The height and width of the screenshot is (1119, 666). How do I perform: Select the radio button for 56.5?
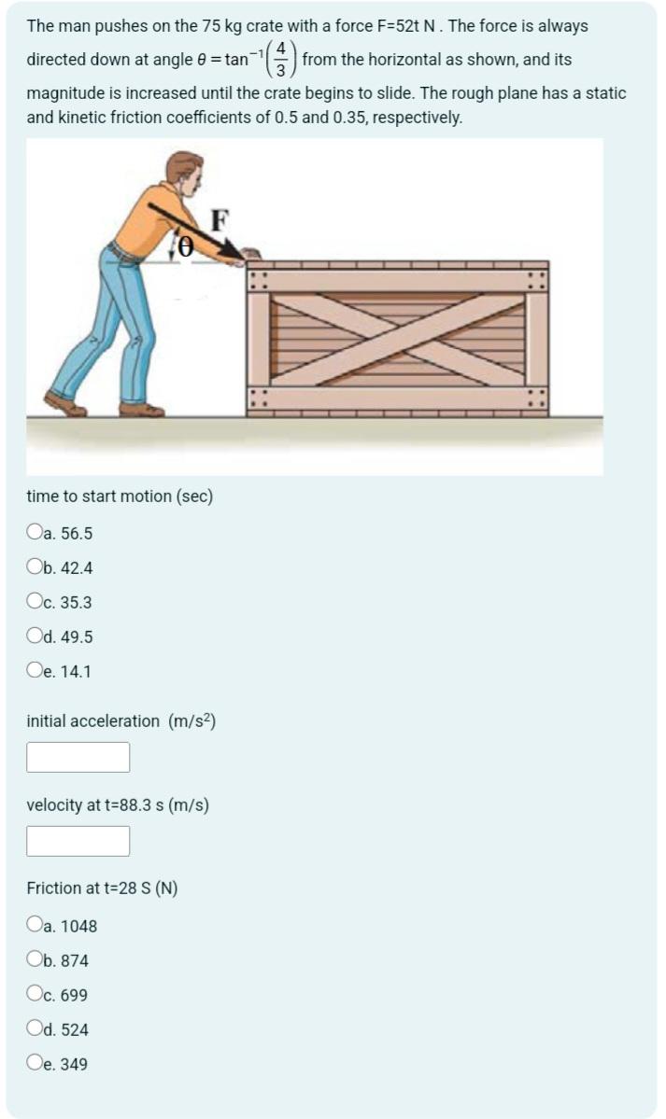click(35, 534)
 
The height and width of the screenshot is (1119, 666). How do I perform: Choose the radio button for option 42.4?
click(35, 568)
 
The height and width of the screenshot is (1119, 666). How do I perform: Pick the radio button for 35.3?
click(35, 603)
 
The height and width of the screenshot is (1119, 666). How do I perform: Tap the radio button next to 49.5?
click(35, 637)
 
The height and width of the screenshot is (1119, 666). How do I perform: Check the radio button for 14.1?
click(35, 671)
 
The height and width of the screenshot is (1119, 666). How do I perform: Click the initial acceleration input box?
click(78, 757)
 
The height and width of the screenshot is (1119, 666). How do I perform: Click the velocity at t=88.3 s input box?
click(78, 841)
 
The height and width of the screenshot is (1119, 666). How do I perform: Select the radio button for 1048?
click(35, 926)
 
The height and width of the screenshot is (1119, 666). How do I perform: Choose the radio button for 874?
click(35, 960)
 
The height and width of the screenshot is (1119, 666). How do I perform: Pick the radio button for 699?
click(35, 995)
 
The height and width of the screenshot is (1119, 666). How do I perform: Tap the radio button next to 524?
click(35, 1029)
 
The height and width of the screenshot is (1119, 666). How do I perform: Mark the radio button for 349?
click(35, 1064)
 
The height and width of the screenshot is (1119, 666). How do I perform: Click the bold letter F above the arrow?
click(220, 220)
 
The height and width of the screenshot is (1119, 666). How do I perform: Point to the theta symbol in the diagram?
click(186, 245)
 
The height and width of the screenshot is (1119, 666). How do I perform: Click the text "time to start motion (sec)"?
click(120, 497)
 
